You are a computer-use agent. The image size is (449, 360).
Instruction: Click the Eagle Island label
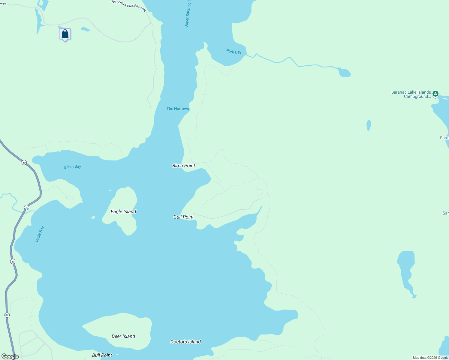[123, 211]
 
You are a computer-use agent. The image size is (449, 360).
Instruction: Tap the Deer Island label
[123, 336]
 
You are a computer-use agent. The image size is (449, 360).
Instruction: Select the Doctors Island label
[185, 342]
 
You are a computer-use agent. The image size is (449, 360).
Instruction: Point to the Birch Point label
[184, 166]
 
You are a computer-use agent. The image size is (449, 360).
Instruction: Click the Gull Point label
[184, 217]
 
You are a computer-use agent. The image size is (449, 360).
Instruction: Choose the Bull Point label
[102, 355]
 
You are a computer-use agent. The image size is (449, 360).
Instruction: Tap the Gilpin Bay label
[72, 167]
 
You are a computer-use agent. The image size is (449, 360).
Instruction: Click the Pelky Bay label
[40, 234]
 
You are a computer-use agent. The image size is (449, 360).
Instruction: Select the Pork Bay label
[234, 52]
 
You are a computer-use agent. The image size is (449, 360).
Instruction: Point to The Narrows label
[178, 109]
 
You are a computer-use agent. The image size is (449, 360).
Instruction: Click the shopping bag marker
[65, 34]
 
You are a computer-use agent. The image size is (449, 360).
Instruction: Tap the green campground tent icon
[435, 94]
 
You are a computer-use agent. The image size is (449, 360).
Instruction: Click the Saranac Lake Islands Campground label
[411, 94]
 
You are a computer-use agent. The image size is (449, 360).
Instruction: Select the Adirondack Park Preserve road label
[128, 5]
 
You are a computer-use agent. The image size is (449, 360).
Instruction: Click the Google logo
[10, 356]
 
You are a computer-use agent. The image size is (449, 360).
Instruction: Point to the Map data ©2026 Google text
[430, 358]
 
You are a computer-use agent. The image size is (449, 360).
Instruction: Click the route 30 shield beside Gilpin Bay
[24, 163]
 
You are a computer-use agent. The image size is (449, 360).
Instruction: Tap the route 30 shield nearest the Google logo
[7, 315]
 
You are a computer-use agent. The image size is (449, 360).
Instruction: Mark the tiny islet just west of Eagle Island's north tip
[110, 190]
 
